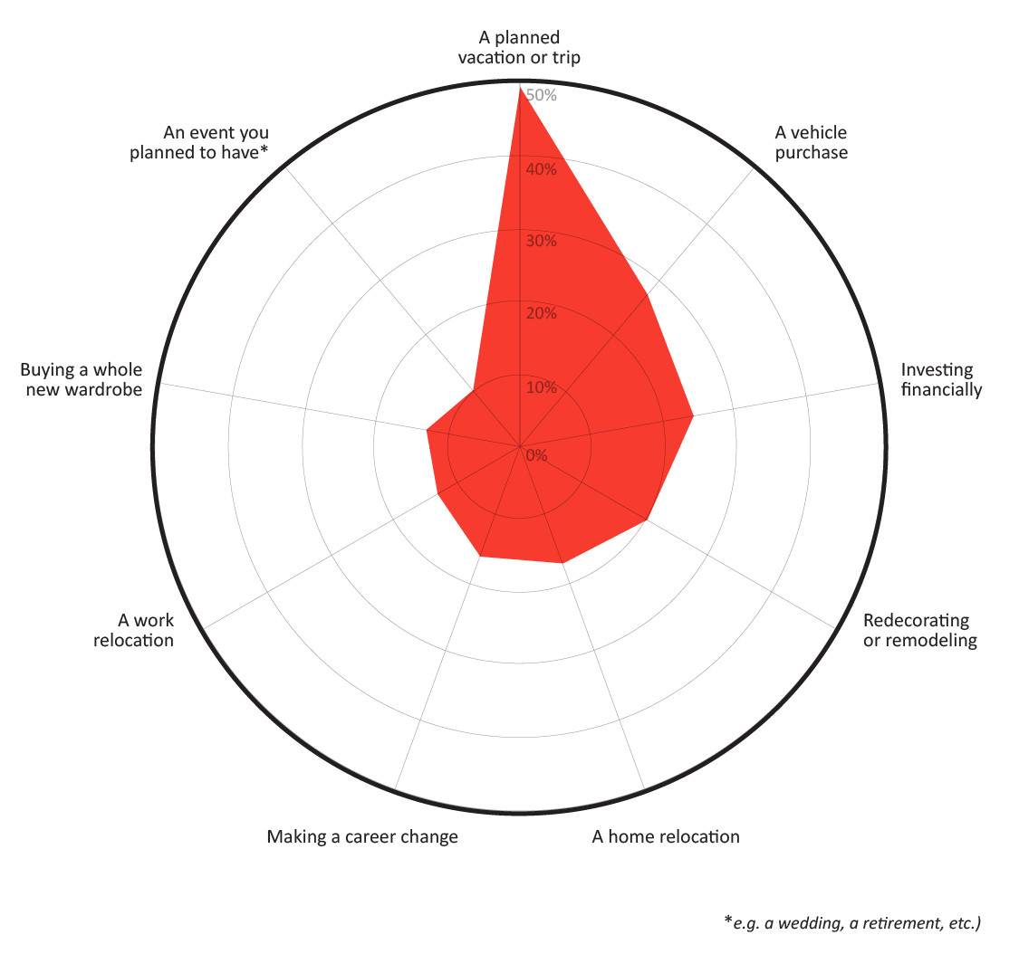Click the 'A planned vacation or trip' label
point(519,48)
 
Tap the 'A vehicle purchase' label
point(811,143)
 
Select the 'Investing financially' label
point(941,380)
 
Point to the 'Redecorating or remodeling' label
point(919,631)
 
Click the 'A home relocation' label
point(666,836)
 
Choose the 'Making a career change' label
point(362,836)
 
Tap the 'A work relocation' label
point(134,631)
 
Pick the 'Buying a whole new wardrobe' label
point(82,380)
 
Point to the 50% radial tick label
point(542,96)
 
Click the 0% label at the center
point(537,455)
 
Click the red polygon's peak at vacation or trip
point(519,88)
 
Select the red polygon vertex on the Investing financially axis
point(693,416)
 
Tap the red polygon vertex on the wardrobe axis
point(427,430)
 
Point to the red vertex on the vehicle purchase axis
point(648,294)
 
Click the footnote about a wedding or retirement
point(852,923)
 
